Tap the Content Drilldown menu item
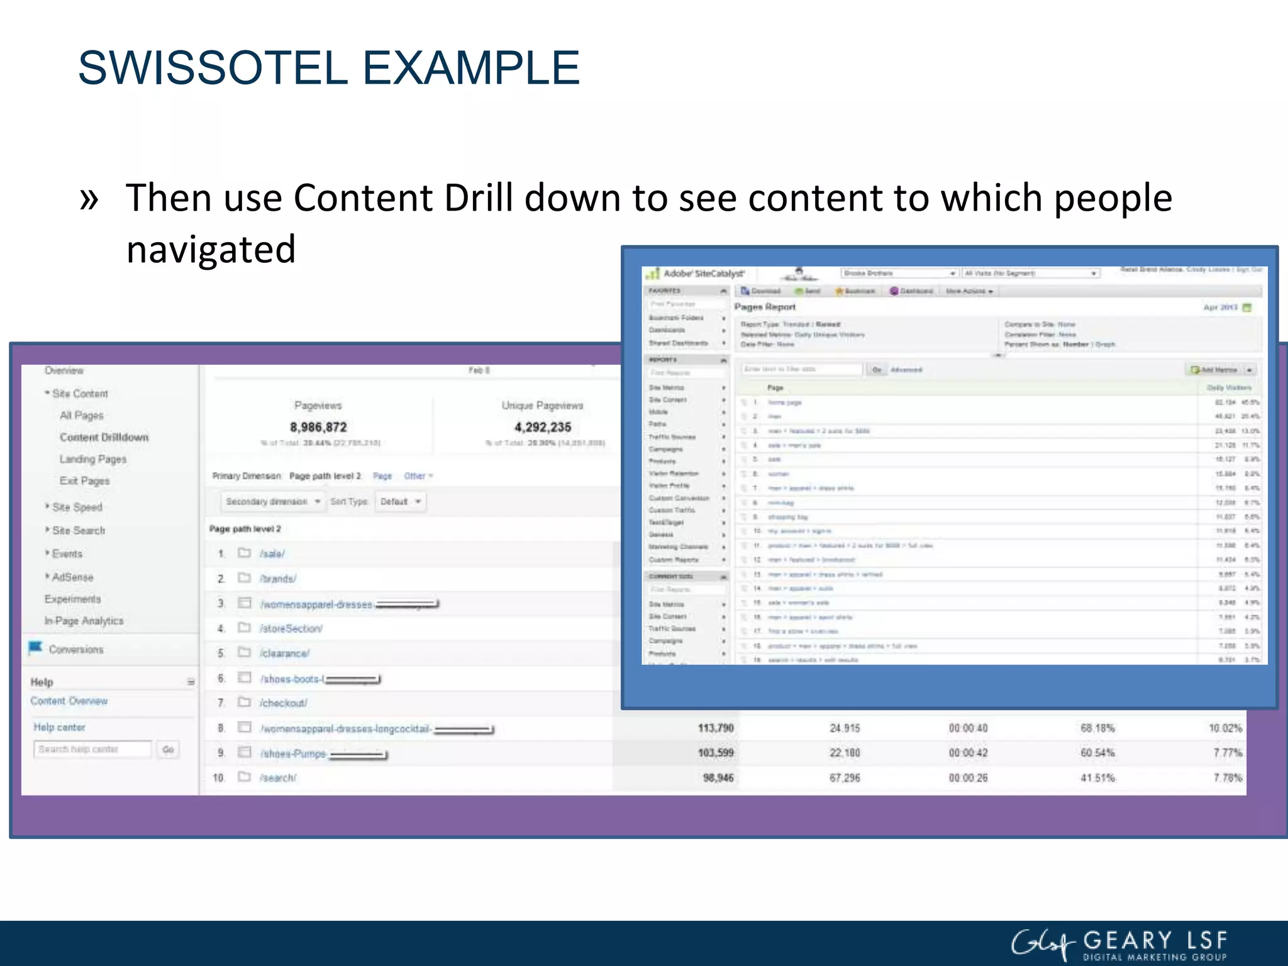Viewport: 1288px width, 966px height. pyautogui.click(x=104, y=437)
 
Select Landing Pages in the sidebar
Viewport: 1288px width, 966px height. pyautogui.click(x=93, y=459)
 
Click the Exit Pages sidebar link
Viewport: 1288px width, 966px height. pyautogui.click(x=85, y=481)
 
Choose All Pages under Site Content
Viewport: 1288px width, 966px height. pyautogui.click(x=82, y=416)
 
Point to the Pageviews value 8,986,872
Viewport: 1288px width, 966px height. pyautogui.click(x=318, y=428)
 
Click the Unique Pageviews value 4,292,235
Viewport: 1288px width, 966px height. pyautogui.click(x=543, y=428)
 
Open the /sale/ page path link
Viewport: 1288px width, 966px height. pyautogui.click(x=272, y=554)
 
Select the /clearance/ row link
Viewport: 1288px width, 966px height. pyautogui.click(x=285, y=653)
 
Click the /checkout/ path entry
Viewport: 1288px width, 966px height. pyautogui.click(x=284, y=703)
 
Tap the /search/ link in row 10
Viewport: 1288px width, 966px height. pyautogui.click(x=278, y=778)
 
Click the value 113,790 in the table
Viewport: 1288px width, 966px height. pyautogui.click(x=716, y=728)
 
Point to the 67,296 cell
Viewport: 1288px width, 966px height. pyautogui.click(x=845, y=778)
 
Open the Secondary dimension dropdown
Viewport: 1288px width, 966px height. pyautogui.click(x=273, y=502)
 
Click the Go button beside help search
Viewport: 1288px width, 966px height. pyautogui.click(x=168, y=750)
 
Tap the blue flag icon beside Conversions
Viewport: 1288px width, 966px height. pyautogui.click(x=35, y=648)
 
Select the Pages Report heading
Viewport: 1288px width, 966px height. pyautogui.click(x=765, y=307)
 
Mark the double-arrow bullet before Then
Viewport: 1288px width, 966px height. pyautogui.click(x=90, y=199)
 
